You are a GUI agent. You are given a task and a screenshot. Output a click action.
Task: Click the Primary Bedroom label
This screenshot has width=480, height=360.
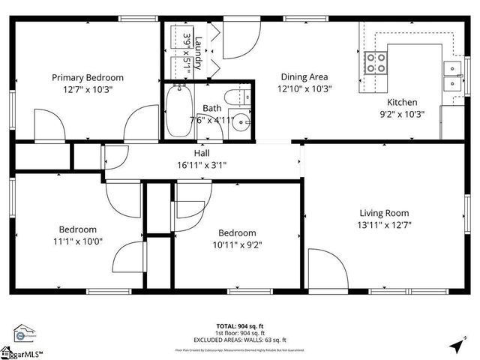[88, 77]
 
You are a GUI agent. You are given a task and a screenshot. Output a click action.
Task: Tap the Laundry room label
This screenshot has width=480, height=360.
[199, 53]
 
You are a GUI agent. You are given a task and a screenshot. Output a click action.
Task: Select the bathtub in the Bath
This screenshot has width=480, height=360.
[178, 112]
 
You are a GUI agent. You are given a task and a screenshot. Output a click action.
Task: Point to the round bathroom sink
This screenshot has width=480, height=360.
[240, 124]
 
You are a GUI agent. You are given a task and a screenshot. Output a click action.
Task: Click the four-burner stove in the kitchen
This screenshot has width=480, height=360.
[376, 63]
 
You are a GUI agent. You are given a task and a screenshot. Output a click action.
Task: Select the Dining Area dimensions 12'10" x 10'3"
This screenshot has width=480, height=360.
[304, 88]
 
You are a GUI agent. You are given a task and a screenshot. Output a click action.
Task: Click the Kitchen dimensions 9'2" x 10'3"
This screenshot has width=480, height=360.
[402, 115]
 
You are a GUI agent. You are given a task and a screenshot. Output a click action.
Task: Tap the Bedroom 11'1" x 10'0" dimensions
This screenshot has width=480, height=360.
[77, 241]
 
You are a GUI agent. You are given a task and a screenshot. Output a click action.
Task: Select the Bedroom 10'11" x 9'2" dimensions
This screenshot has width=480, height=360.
[237, 244]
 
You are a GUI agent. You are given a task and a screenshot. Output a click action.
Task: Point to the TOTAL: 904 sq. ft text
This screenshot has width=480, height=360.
[239, 326]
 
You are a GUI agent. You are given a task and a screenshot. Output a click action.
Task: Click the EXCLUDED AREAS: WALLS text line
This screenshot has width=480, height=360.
[239, 340]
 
